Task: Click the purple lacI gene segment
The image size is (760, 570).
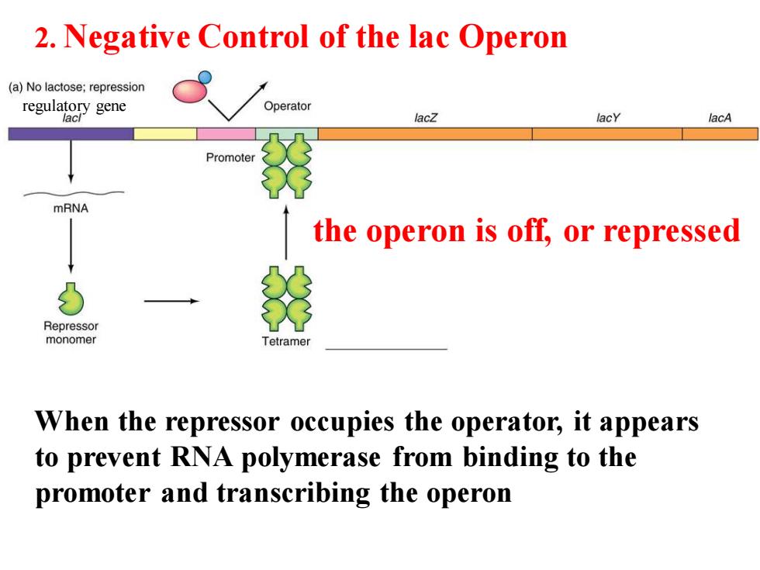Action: (71, 133)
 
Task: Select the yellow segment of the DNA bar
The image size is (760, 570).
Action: (165, 133)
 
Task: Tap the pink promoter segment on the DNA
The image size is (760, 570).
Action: (226, 133)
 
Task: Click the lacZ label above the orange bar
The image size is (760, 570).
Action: (426, 118)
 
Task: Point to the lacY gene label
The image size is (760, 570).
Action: (608, 118)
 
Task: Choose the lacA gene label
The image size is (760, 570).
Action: (720, 118)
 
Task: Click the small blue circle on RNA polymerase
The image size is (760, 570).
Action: (205, 77)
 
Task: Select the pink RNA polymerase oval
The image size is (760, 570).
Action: (189, 92)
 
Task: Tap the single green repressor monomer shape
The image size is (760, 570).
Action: (71, 299)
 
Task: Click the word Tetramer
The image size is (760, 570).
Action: (286, 341)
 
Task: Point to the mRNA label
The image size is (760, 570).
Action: (71, 209)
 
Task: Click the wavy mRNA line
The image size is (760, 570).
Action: (74, 193)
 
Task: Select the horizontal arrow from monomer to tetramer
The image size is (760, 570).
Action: (171, 301)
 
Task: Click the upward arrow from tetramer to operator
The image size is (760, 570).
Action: (286, 233)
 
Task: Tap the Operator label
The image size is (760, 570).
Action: (288, 106)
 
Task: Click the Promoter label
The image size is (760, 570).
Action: (230, 157)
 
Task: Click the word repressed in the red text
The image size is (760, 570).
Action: (672, 231)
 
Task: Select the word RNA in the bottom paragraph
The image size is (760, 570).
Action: (201, 457)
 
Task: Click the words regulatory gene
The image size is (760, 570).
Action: (74, 105)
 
